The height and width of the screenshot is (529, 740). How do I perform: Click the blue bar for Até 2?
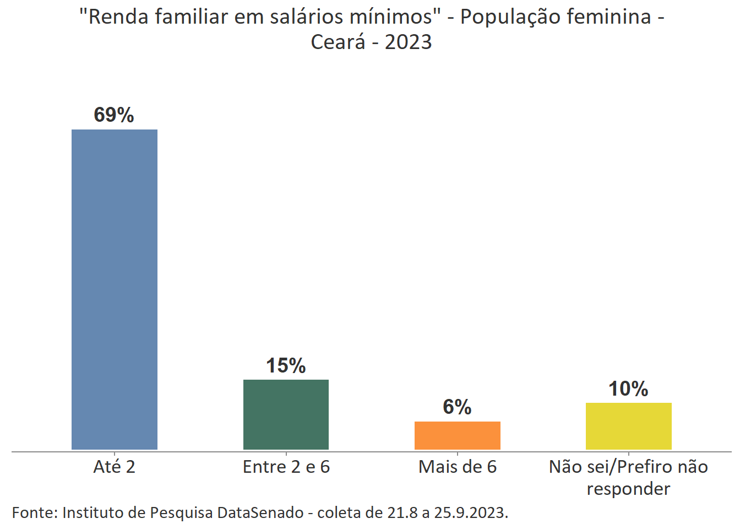pos(115,289)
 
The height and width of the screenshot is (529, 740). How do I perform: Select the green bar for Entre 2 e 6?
pos(286,414)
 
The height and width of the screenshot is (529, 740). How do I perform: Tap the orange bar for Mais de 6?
pos(457,435)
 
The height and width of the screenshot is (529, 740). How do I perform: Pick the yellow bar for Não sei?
pos(628,426)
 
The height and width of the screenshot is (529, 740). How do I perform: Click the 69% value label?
pos(114,115)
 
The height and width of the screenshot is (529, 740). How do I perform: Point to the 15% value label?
pos(286,365)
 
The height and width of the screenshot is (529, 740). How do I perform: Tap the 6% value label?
pos(457,407)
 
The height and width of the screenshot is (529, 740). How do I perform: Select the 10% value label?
pos(628,389)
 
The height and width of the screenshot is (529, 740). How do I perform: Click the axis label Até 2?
pos(114,467)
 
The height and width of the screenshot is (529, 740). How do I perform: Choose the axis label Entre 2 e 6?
pos(286,467)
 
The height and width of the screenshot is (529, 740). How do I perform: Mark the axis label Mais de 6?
pos(457,467)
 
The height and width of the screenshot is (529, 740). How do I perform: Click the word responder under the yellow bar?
pos(628,489)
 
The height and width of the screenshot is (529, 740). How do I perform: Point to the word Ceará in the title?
pos(338,42)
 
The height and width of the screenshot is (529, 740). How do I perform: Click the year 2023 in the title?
pos(408,42)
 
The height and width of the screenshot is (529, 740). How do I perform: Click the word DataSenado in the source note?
pos(260,512)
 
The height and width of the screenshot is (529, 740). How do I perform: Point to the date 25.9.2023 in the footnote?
pos(470,512)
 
